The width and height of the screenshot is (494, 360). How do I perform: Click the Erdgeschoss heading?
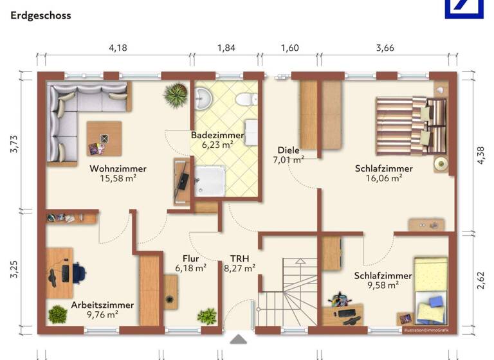point(41,15)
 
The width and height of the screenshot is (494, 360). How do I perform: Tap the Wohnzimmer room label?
point(118,168)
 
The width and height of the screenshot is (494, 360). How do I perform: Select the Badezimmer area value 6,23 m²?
point(217,145)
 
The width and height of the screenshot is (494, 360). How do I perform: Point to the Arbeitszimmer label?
point(103,305)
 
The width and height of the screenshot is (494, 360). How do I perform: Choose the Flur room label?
point(190,258)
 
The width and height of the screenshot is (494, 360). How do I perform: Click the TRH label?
point(239,258)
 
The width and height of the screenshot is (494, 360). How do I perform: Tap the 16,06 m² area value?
point(383,179)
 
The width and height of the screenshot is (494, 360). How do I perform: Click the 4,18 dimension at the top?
point(117,48)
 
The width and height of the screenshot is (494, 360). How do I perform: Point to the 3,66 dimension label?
point(385,48)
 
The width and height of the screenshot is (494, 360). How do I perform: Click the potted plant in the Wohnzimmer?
point(175,96)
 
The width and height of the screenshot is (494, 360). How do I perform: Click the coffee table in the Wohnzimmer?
point(104,138)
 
